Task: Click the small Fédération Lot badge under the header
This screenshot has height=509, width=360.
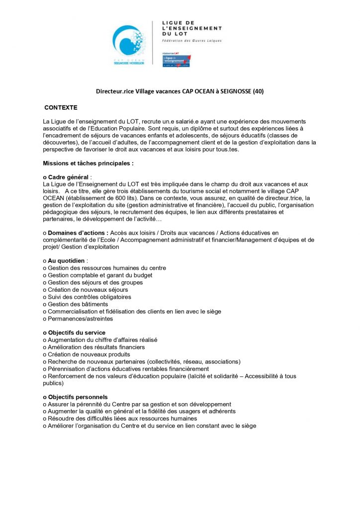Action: click(177, 59)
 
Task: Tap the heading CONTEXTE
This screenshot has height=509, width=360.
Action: click(61, 107)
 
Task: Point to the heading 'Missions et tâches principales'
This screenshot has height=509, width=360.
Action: click(88, 163)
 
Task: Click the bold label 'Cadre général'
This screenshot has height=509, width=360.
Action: click(68, 177)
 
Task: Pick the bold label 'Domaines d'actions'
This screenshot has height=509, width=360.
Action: click(78, 233)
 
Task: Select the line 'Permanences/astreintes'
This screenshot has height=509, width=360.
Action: click(80, 319)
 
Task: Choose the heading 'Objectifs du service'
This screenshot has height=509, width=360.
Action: click(76, 333)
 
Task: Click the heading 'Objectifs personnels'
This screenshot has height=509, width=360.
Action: click(77, 397)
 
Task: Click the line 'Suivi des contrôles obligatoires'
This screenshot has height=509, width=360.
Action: click(89, 297)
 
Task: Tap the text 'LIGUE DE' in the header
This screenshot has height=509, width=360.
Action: click(179, 23)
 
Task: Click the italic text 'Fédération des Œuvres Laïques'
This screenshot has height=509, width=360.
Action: click(192, 40)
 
